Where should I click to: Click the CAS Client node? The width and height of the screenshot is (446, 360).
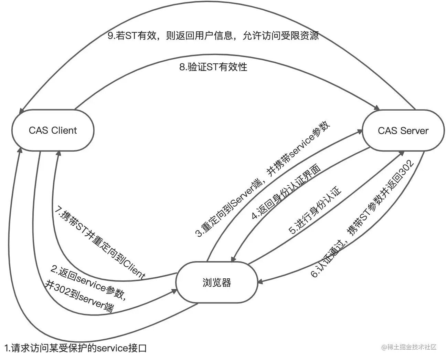point(53,130)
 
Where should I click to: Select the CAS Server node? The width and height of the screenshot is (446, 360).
point(403,131)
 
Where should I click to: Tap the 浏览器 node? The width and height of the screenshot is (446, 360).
point(216,282)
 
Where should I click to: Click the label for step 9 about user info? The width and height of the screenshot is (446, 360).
point(213,36)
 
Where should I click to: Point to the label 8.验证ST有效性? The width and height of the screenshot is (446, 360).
point(213,66)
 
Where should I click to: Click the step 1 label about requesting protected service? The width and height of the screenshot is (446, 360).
point(76,348)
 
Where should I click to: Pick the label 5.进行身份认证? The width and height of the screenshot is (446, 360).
point(315,210)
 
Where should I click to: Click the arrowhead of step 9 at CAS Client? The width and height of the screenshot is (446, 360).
point(21,111)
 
